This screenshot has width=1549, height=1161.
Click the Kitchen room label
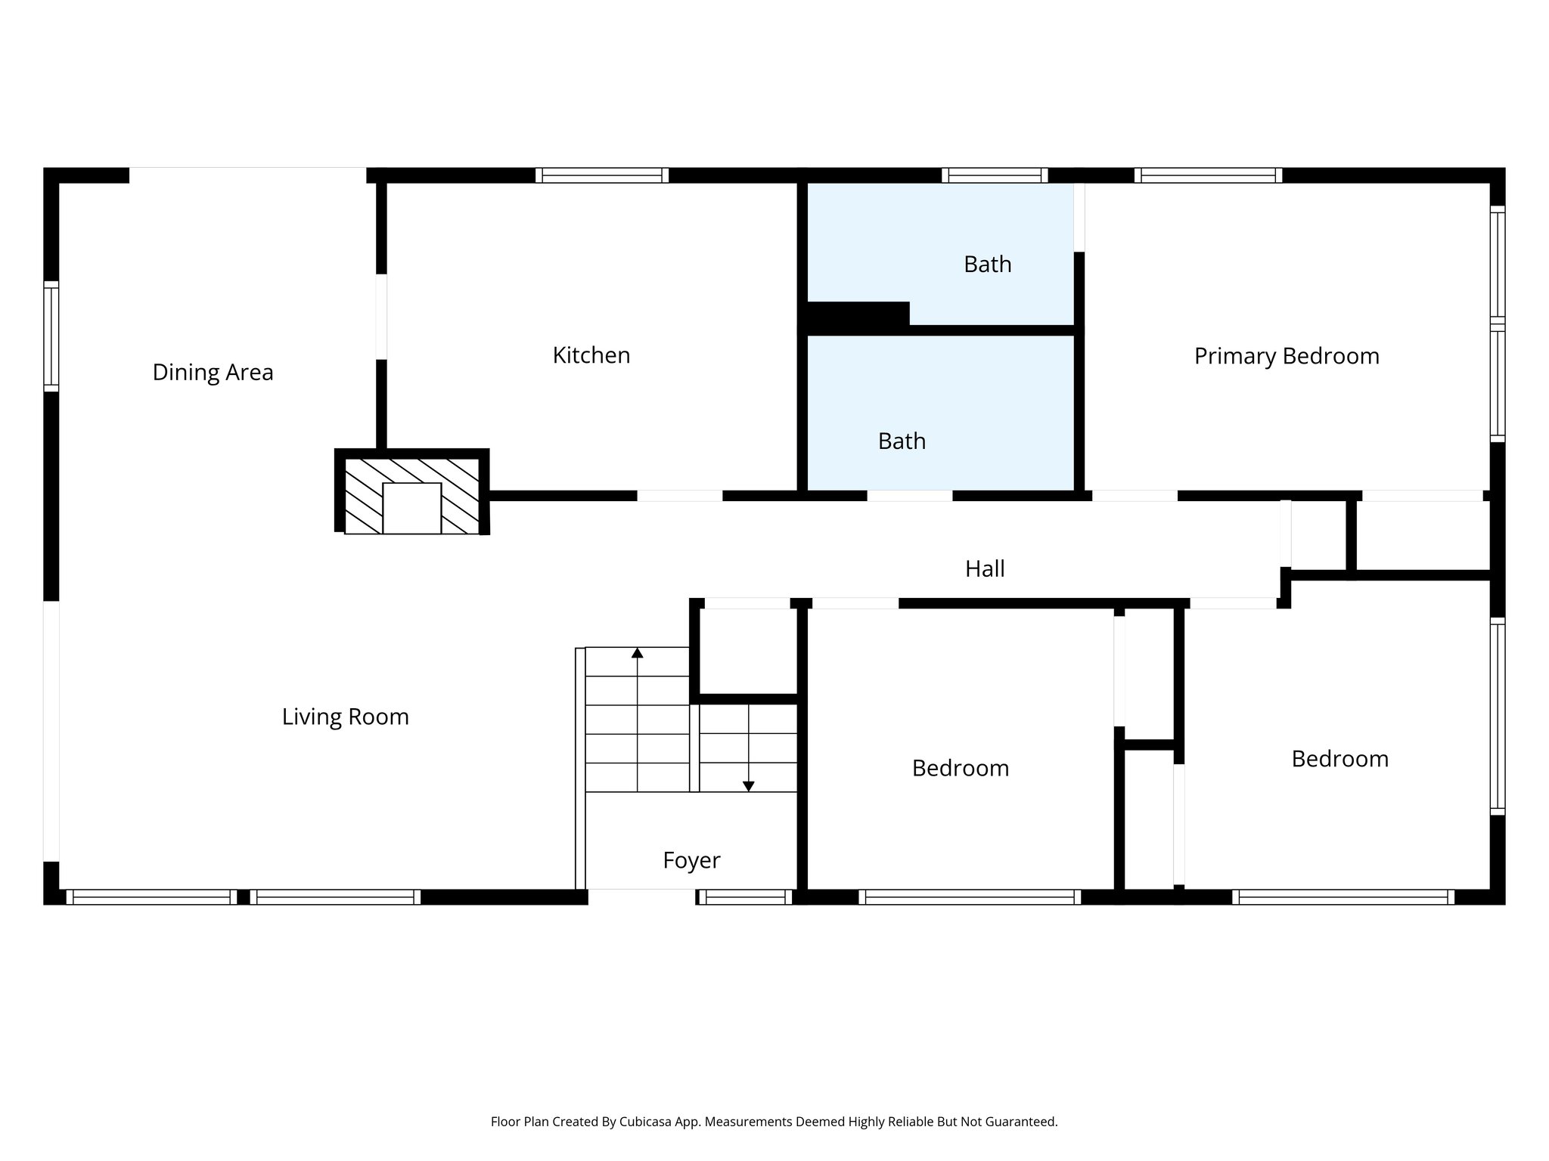591,355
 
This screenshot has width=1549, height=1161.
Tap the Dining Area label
213,372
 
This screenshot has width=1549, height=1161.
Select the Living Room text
345,717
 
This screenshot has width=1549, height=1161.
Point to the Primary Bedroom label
1286,356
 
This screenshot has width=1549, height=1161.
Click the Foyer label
691,860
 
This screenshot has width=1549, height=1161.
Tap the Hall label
984,568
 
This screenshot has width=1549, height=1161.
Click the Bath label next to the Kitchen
902,441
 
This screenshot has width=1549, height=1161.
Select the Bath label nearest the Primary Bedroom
987,264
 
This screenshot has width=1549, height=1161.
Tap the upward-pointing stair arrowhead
637,652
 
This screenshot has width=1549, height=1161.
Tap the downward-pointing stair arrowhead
748,786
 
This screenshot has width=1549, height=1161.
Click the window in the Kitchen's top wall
602,175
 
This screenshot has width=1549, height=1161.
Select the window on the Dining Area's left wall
51,336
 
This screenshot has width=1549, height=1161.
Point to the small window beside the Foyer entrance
744,897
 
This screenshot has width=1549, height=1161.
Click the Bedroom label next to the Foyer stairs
960,768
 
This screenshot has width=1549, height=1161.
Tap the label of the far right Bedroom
1339,759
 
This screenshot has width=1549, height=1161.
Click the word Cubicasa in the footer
647,1122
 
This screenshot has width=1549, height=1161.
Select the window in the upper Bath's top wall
995,175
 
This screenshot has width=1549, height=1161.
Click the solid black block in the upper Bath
858,316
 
